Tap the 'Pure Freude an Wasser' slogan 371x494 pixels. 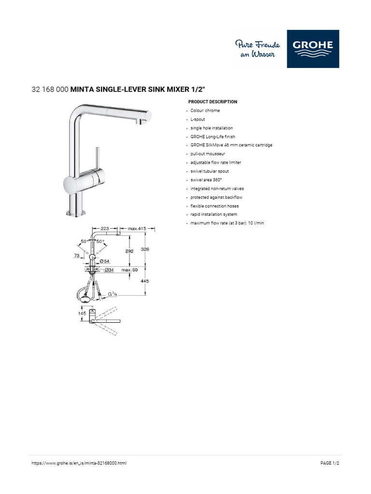click(257, 49)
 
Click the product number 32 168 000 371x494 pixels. click(50, 89)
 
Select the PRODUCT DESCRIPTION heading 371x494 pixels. click(213, 102)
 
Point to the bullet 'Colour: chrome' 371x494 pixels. click(205, 110)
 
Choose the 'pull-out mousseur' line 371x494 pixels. click(208, 154)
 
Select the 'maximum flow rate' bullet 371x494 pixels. click(227, 223)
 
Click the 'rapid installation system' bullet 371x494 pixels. click(214, 214)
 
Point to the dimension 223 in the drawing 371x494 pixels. click(104, 228)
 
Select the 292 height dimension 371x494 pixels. click(129, 251)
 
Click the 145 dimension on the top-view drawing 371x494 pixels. click(82, 313)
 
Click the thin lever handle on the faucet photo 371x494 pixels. click(97, 157)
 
